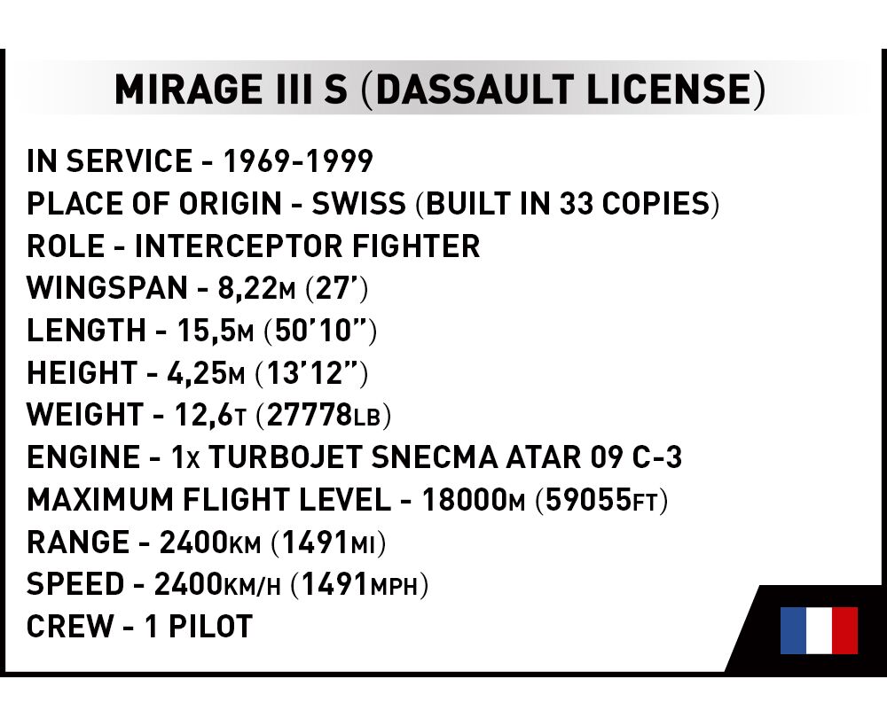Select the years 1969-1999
point(298,161)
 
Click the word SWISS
point(359,204)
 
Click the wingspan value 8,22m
point(256,288)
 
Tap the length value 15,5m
point(216,331)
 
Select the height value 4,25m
point(206,373)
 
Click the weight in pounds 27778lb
point(324,416)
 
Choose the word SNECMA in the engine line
point(435,458)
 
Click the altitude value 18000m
point(474,500)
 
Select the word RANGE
point(77,543)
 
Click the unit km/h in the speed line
point(252,586)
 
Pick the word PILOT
point(210,627)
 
